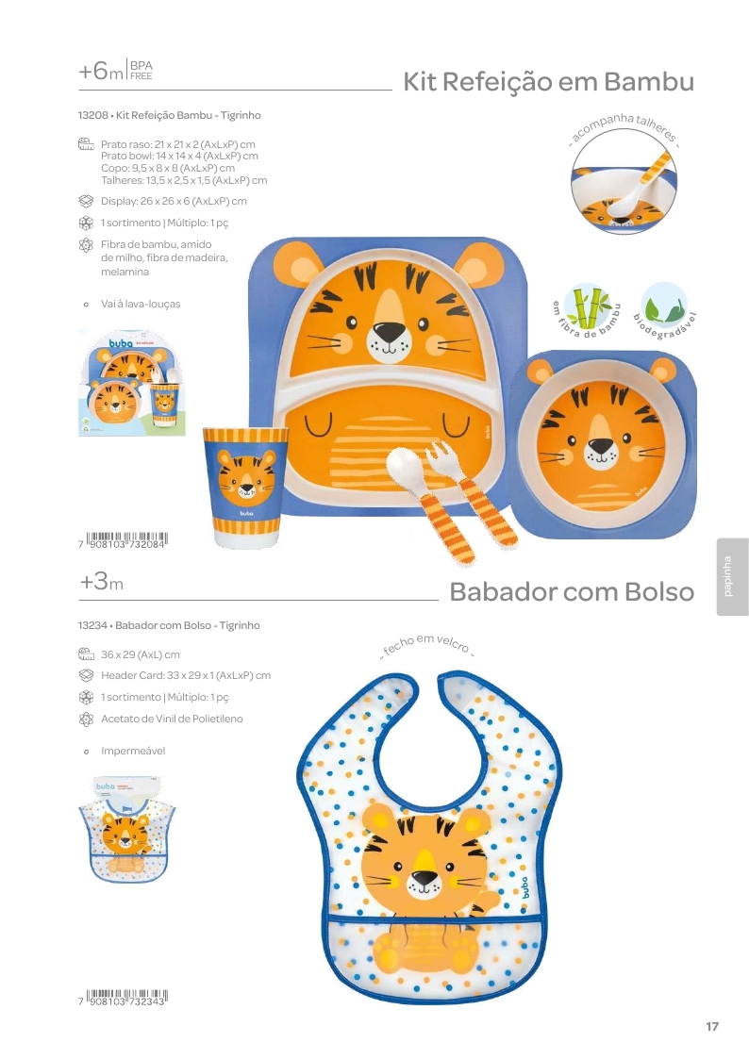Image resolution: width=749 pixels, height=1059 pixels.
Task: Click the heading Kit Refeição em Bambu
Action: tap(548, 82)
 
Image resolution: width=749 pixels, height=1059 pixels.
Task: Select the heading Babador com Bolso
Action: tap(572, 592)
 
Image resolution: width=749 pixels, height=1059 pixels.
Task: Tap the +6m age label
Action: tap(101, 72)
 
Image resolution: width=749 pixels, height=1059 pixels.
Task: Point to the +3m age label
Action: tap(101, 583)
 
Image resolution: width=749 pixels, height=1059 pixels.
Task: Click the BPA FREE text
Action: tap(141, 71)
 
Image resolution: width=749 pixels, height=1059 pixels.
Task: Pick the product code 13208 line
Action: tap(170, 115)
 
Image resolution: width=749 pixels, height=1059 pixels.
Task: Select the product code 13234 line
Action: tap(169, 625)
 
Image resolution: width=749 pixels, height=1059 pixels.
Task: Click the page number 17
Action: tap(712, 1027)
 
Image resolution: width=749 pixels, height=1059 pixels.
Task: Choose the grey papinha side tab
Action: tap(732, 576)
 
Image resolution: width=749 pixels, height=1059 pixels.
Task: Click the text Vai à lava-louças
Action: tap(141, 305)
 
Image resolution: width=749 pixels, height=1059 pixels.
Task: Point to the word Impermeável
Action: tap(133, 752)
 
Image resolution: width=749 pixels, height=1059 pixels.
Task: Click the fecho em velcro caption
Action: tap(427, 645)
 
